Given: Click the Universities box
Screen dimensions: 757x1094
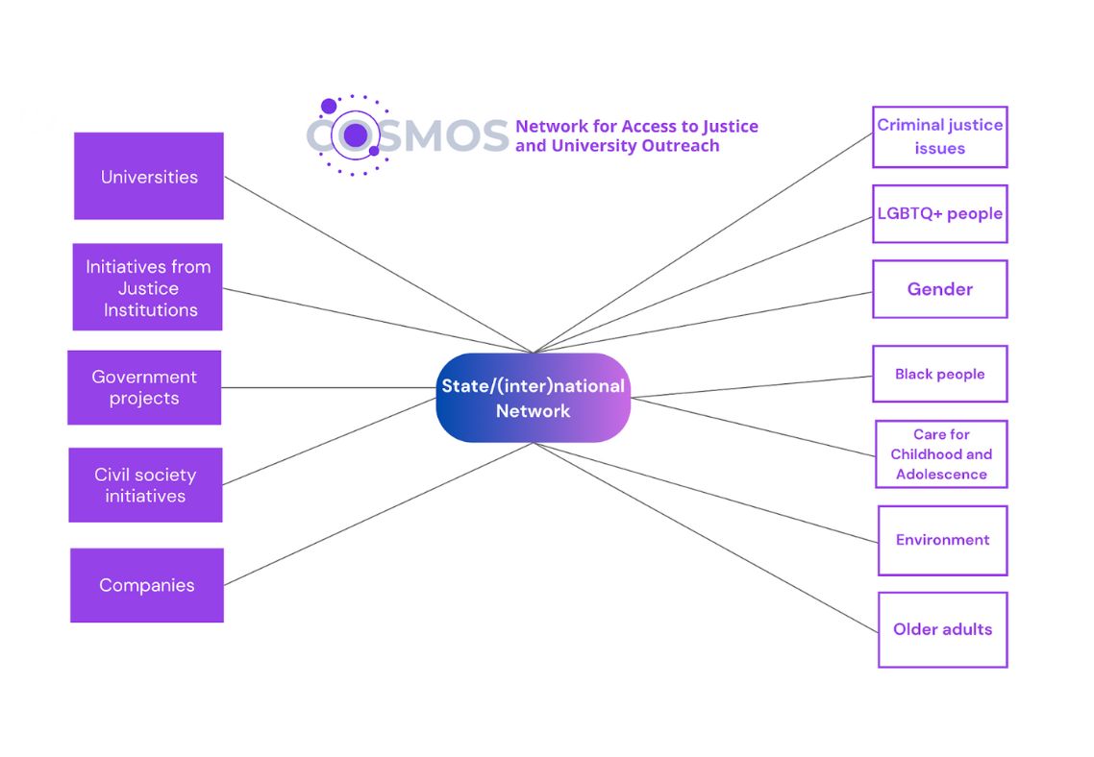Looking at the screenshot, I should click(x=149, y=177).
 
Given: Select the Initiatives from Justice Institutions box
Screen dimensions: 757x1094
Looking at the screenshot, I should click(x=148, y=287).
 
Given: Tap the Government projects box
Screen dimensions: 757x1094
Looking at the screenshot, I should click(x=144, y=387).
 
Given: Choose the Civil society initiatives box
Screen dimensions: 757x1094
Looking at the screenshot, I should click(x=145, y=485).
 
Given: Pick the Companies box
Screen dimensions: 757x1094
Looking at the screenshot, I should click(x=147, y=585).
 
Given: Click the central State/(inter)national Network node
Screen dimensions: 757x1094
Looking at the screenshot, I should click(x=533, y=398).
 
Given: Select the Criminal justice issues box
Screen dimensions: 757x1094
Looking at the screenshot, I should click(x=939, y=136).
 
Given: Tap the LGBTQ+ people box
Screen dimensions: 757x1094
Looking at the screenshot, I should click(x=939, y=213).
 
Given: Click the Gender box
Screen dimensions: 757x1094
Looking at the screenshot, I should click(x=939, y=289).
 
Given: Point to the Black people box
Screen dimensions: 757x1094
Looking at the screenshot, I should click(x=939, y=374).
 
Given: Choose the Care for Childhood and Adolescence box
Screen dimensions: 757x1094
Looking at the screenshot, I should click(x=941, y=454).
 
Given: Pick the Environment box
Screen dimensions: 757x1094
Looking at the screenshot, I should click(x=942, y=540).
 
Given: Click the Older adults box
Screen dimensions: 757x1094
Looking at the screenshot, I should click(x=942, y=629).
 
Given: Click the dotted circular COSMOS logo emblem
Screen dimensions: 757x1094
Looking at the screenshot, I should click(x=353, y=135).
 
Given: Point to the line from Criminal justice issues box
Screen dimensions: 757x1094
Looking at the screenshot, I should click(x=702, y=243).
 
